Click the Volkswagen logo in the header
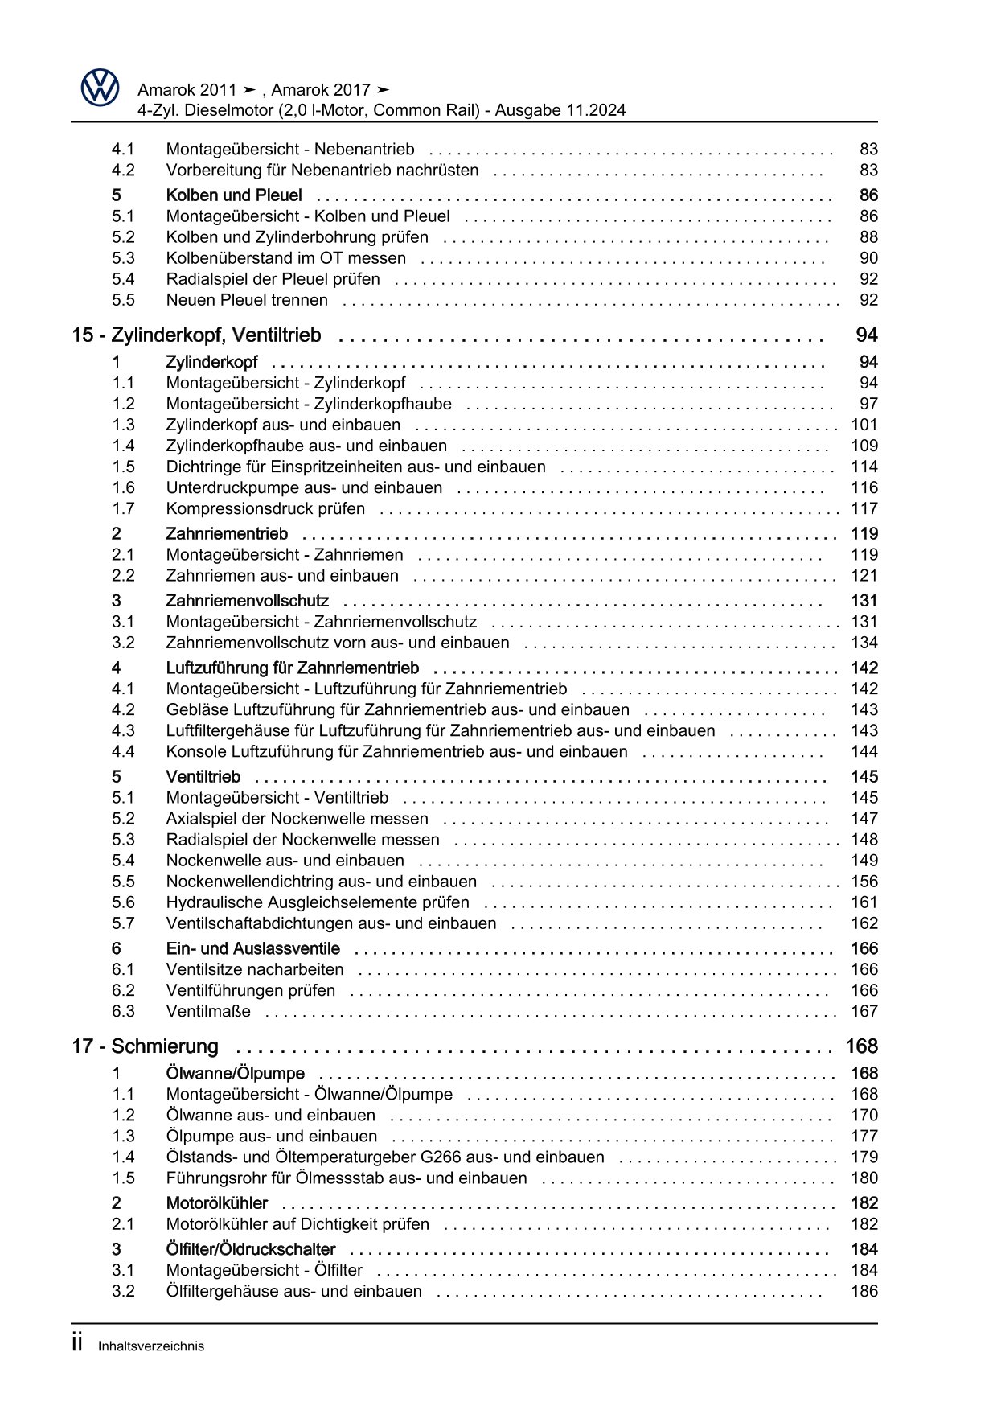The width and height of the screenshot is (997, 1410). pyautogui.click(x=101, y=87)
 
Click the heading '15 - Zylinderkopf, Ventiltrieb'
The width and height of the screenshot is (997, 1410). pyautogui.click(x=196, y=335)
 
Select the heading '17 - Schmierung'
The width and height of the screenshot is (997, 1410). pyautogui.click(x=145, y=1046)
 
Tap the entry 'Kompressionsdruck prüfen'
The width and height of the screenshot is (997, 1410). pyautogui.click(x=265, y=509)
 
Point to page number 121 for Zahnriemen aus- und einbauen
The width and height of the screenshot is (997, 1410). pyautogui.click(x=864, y=576)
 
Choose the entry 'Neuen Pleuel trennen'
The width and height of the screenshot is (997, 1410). pyautogui.click(x=247, y=300)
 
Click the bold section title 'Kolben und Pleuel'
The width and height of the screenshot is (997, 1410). pyautogui.click(x=234, y=195)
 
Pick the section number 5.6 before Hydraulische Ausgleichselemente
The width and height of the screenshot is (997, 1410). pyautogui.click(x=123, y=902)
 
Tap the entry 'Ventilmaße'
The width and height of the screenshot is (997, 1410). pyautogui.click(x=208, y=1012)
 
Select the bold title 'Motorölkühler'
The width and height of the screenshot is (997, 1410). pyautogui.click(x=217, y=1203)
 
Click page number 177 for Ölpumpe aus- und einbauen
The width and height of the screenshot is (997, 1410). pyautogui.click(x=864, y=1137)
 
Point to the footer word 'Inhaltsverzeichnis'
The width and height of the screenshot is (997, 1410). pyautogui.click(x=151, y=1346)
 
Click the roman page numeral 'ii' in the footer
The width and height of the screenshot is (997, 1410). pyautogui.click(x=78, y=1345)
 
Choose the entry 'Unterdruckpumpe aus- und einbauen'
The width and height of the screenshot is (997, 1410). pyautogui.click(x=304, y=488)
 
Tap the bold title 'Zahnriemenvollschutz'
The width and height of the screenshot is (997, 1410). pyautogui.click(x=247, y=601)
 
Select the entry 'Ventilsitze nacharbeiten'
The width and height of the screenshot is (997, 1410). pyautogui.click(x=255, y=970)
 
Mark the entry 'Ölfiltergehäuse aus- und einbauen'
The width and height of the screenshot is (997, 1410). pyautogui.click(x=293, y=1292)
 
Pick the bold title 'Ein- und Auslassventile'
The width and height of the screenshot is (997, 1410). pyautogui.click(x=252, y=949)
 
